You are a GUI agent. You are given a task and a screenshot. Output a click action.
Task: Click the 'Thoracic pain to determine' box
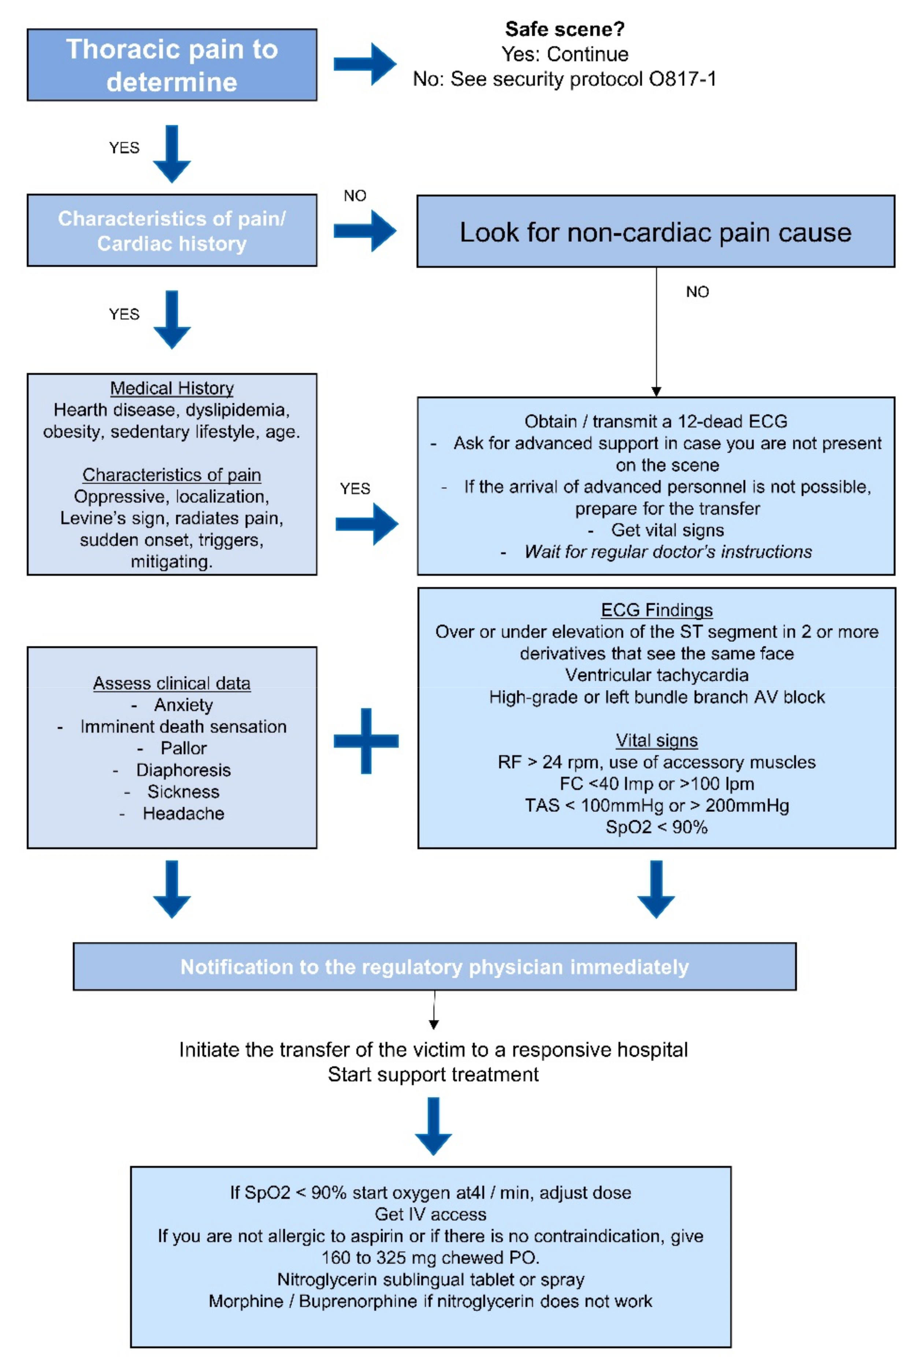tap(172, 65)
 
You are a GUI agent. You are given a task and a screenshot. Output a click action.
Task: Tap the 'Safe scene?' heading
tap(564, 29)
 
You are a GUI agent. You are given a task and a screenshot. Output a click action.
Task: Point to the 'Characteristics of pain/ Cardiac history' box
tap(172, 230)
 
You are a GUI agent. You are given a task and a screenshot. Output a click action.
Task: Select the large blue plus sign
tap(366, 740)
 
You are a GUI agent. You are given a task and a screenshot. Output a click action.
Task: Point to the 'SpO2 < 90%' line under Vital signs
tap(657, 827)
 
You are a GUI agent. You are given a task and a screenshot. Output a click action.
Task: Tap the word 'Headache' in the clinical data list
tap(183, 813)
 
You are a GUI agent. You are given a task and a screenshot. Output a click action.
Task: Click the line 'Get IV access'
tap(430, 1214)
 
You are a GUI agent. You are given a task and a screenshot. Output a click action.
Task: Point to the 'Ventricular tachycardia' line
tap(657, 675)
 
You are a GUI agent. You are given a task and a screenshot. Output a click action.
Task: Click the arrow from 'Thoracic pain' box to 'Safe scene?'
tap(365, 64)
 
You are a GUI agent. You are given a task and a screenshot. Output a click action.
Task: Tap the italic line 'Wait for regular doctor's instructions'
tap(668, 551)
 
